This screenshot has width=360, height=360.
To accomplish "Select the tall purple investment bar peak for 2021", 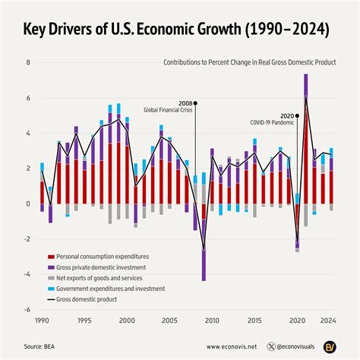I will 305,77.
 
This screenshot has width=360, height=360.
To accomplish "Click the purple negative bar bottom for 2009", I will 204,279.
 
